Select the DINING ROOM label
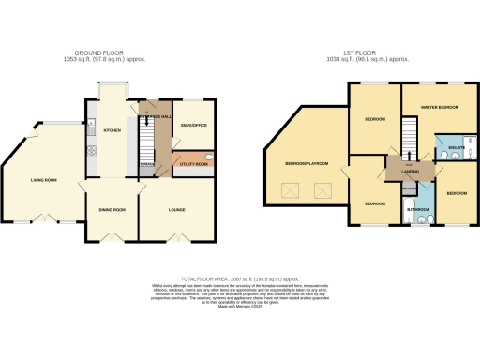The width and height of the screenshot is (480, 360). point(112,210)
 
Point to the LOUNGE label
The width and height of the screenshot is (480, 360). point(175,210)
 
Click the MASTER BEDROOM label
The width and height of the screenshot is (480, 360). point(439,108)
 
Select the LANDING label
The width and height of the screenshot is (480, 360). point(411,172)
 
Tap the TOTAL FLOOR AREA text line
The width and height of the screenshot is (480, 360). point(240,278)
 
